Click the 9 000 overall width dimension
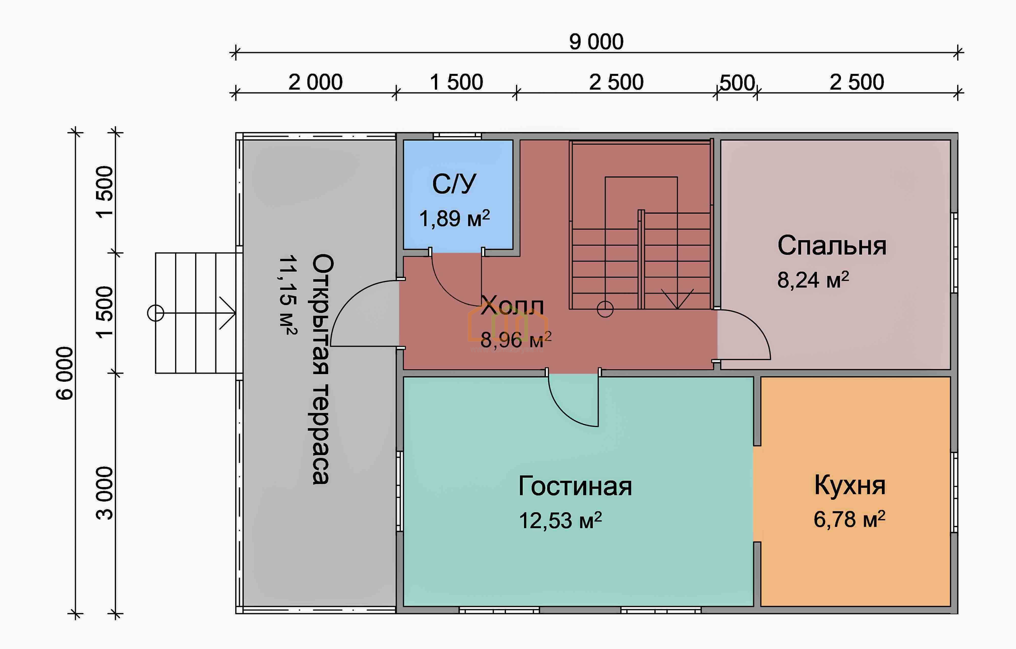tap(596, 42)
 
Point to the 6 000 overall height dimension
tap(65, 373)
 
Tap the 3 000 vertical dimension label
tap(105, 493)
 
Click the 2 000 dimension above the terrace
tap(316, 82)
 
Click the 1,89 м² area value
tap(454, 219)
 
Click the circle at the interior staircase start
tap(605, 309)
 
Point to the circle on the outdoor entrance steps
tap(155, 313)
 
